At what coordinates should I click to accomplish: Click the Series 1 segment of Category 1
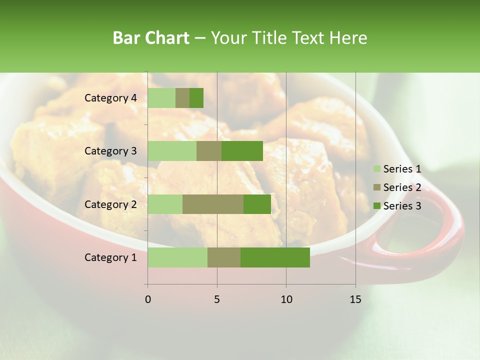pos(177,257)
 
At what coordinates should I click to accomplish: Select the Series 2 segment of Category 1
pos(224,257)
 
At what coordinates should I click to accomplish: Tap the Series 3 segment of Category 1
pos(275,257)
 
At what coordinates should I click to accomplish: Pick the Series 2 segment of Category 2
pos(213,204)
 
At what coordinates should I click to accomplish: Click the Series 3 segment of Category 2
pos(257,204)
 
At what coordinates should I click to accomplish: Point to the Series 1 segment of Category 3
pos(172,151)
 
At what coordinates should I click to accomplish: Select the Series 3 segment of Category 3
pos(242,151)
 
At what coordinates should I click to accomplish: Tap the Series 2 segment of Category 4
pos(182,98)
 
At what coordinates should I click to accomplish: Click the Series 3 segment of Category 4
pos(196,98)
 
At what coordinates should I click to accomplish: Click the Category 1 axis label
pos(110,257)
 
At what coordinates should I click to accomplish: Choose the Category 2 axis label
pos(110,204)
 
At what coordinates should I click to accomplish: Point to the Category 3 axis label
pos(110,151)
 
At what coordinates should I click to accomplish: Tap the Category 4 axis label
pos(110,98)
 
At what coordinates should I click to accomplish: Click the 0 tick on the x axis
pos(148,299)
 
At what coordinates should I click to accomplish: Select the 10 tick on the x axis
pos(286,299)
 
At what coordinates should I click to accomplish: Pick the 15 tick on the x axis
pos(355,299)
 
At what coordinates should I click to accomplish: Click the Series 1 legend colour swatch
pos(377,169)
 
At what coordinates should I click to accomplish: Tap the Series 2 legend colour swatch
pos(377,187)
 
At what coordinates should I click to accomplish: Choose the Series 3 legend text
pos(402,206)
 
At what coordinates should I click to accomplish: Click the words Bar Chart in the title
pos(151,38)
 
